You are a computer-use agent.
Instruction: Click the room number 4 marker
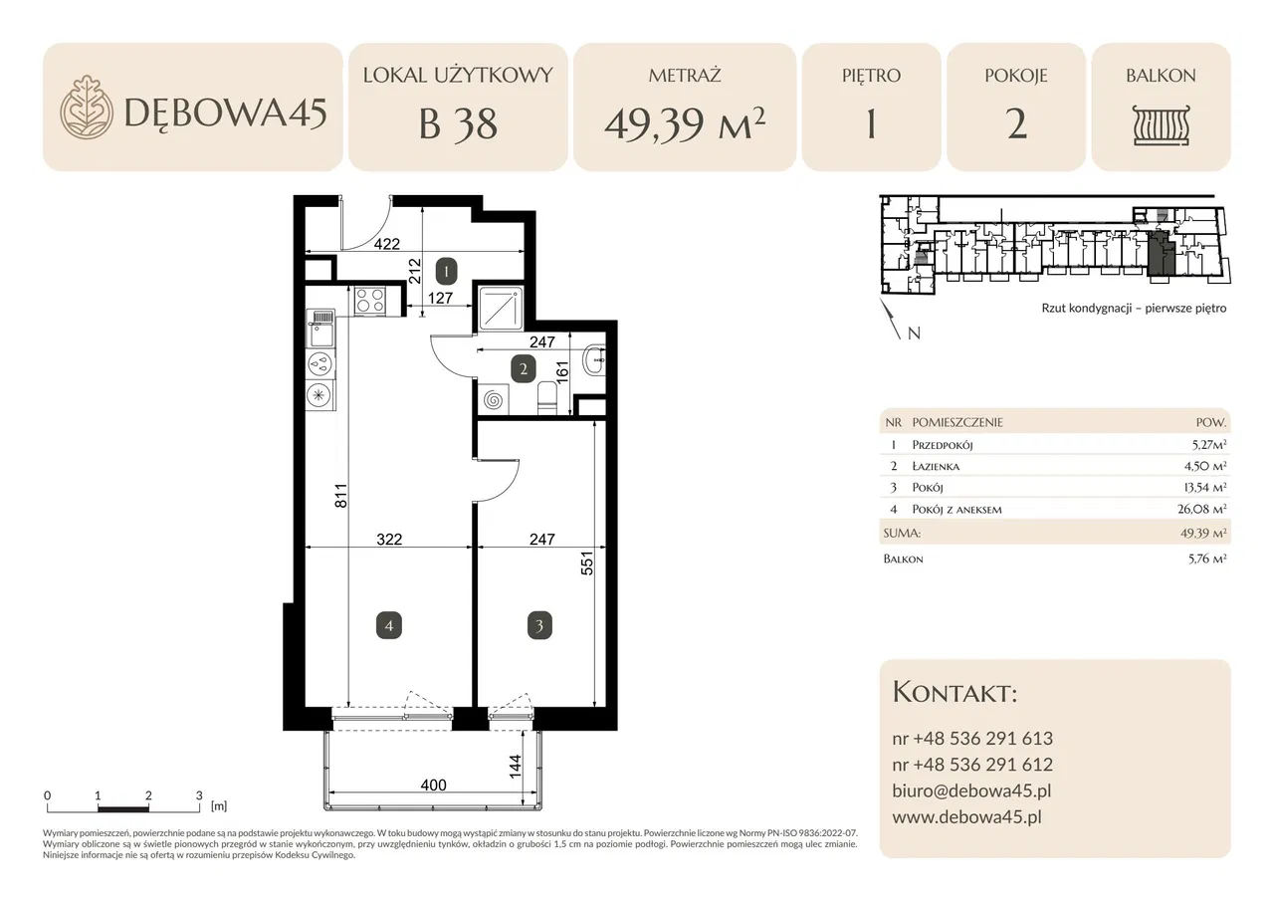389,625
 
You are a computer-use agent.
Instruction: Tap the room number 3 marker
539,625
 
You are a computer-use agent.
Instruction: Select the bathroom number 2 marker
524,369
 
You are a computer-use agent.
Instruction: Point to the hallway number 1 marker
447,272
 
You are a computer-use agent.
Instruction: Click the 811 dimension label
340,496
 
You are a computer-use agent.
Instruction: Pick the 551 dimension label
586,563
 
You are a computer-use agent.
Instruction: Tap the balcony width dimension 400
433,785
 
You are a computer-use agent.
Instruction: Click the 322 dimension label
389,539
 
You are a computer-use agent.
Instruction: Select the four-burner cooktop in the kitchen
369,301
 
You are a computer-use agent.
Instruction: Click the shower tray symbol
501,309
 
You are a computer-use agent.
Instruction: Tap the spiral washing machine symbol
493,400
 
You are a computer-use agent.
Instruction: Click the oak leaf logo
87,107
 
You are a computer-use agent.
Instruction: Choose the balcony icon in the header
1161,124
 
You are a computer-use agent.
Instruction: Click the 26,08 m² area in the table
1201,509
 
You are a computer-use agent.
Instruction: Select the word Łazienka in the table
936,466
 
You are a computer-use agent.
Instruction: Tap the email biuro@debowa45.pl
971,790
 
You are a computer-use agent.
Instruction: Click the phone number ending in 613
972,739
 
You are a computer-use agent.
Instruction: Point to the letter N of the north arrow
914,334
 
